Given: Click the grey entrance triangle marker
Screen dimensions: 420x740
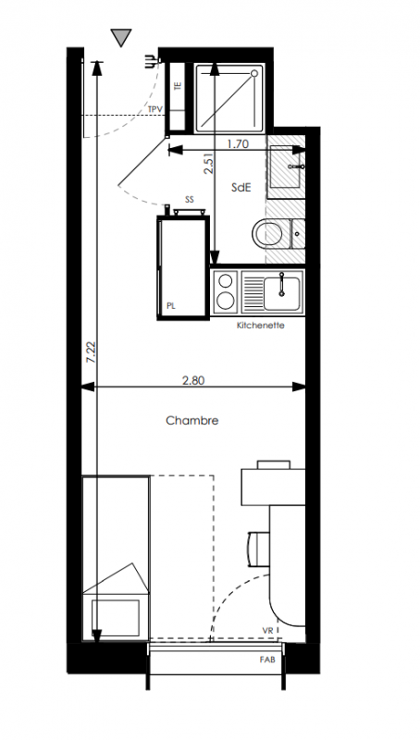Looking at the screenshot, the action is [121, 37].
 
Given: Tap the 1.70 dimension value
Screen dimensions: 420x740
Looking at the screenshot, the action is [238, 144].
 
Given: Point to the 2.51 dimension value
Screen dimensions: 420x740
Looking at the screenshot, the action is [208, 164].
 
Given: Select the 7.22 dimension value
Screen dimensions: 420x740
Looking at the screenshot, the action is [92, 352].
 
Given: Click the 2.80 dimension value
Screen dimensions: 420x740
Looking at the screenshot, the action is [193, 380].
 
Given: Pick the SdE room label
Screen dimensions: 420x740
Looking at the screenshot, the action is [241, 188].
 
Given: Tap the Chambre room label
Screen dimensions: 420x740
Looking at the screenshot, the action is [192, 421].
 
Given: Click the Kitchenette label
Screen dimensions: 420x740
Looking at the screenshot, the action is [261, 326].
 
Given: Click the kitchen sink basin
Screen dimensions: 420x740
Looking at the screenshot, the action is [282, 293].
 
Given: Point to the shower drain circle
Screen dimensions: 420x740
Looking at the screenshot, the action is [254, 73].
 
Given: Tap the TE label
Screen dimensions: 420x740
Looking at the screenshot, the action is [178, 87].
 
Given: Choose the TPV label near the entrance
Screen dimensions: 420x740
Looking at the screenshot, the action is [155, 109].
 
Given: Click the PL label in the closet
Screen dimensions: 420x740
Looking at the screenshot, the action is [171, 306].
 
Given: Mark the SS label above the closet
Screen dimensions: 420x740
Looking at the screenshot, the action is [190, 200].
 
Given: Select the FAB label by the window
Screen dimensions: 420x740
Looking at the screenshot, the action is [267, 660].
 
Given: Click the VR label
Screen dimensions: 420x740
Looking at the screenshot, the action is [268, 631].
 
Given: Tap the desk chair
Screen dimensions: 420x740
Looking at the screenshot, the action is [258, 549].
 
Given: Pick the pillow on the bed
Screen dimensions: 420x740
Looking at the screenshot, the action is [116, 618].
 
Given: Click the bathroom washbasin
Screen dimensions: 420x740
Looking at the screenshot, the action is [286, 166].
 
